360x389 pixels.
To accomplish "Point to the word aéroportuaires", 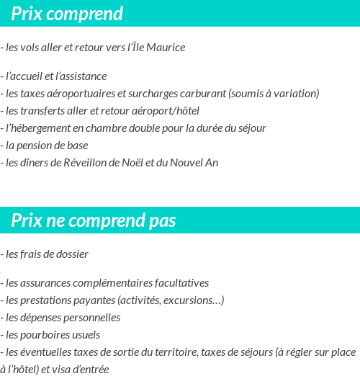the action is point(78,93).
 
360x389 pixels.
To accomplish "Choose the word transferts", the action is point(42,110).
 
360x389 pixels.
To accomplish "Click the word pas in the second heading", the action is point(162,220).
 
